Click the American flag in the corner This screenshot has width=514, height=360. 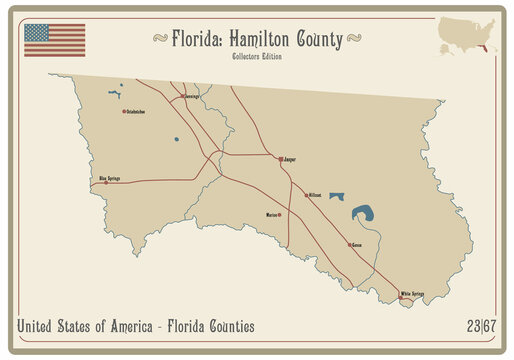pos(55,40)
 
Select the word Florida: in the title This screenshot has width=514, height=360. pos(197,39)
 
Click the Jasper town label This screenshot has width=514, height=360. pos(291,159)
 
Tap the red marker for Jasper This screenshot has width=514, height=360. pos(280,158)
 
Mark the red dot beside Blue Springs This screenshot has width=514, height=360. pos(106,182)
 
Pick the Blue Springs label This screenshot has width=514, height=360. pos(109,177)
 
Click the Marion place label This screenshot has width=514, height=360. pos(271,215)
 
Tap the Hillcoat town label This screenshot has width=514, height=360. pos(315,195)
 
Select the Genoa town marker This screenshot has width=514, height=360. pos(350,244)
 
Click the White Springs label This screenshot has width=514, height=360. pos(413,293)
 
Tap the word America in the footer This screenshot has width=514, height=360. pos(115,326)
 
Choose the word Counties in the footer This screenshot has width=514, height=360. pos(229,326)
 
